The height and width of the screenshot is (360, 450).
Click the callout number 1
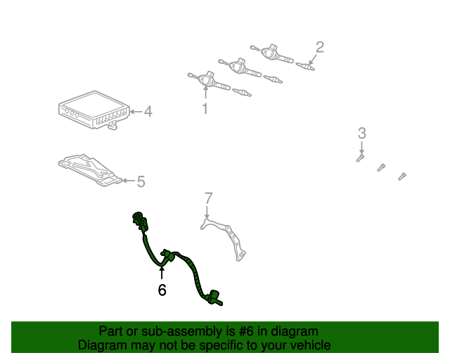205,108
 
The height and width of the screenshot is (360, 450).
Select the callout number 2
320,47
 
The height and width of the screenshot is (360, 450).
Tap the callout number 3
362,133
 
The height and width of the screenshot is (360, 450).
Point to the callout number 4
148,111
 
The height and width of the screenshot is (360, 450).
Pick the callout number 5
141,181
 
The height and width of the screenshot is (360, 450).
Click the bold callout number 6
162,290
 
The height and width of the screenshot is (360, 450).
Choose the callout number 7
209,198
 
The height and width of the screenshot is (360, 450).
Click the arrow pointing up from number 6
162,273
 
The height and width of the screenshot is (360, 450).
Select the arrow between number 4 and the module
136,112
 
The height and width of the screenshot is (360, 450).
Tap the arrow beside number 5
129,181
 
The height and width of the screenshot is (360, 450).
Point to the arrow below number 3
361,148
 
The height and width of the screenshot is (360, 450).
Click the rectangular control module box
94,110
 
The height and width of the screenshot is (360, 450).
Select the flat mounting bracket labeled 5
90,170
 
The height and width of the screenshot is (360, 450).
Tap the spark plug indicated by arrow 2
305,66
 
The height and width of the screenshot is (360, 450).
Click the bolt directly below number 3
360,158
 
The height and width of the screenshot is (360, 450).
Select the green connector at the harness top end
140,221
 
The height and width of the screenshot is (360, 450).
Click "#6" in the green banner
246,332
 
